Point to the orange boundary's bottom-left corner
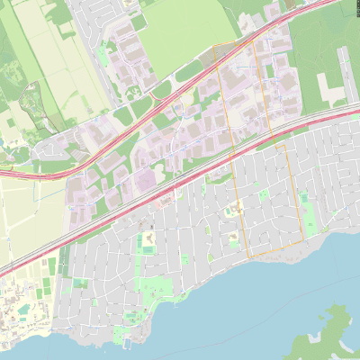point(247,256)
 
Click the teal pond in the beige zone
point(22,310)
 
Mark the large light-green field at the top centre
point(180,31)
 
